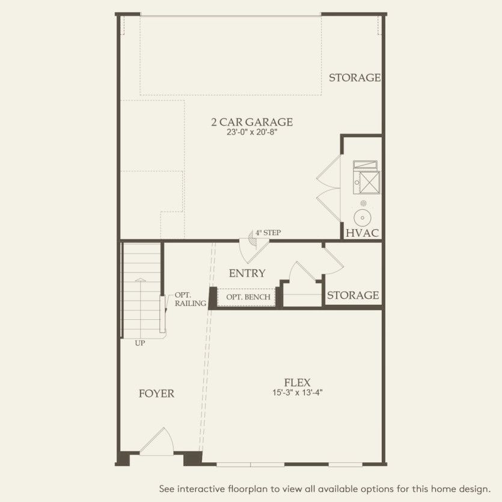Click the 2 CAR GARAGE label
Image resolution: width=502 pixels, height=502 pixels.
(x=251, y=122)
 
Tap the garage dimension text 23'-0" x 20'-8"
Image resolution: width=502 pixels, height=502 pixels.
(x=251, y=132)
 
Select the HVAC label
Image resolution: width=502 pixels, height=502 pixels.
(x=362, y=233)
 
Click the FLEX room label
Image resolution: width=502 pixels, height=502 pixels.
(x=297, y=382)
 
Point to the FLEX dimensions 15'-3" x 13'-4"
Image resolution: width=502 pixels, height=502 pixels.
(x=297, y=393)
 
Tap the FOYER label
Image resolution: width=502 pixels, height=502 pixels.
(x=156, y=394)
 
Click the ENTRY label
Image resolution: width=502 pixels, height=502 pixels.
(x=247, y=274)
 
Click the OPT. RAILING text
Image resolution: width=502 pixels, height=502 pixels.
(x=189, y=299)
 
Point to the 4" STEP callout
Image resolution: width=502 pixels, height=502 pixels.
(x=268, y=232)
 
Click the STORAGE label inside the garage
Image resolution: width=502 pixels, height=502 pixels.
(x=355, y=78)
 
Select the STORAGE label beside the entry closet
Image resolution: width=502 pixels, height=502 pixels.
(x=353, y=295)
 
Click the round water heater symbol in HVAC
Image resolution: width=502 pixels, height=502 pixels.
(x=363, y=217)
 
